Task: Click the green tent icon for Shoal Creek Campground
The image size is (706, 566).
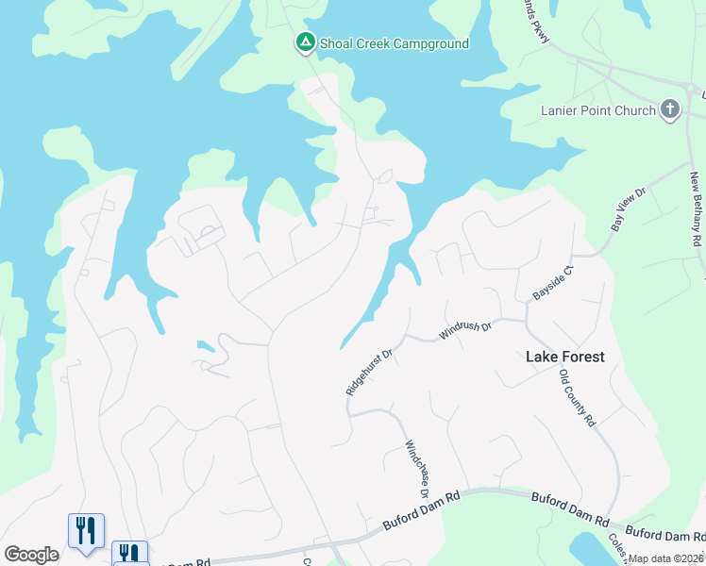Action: click(305, 42)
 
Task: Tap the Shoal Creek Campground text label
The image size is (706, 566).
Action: click(394, 43)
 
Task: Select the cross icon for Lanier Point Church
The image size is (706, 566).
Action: click(670, 110)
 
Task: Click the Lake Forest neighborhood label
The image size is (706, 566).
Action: click(564, 357)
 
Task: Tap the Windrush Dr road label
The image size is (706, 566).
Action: click(465, 330)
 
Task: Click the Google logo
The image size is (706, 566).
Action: click(31, 555)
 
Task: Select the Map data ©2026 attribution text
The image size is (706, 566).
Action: click(665, 558)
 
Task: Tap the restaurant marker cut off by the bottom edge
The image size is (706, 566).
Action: click(129, 553)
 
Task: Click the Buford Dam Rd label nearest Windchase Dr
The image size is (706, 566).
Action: click(420, 509)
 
